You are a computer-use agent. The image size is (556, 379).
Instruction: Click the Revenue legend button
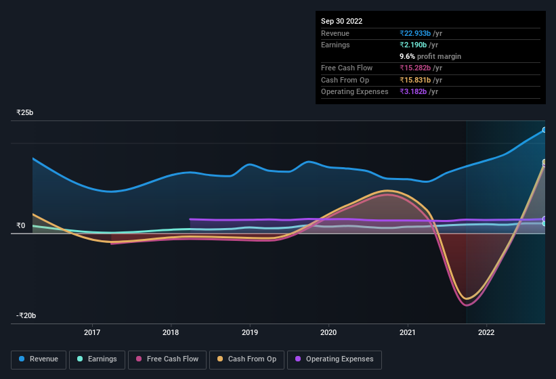[39, 359]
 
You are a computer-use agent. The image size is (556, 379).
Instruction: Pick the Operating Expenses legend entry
[334, 359]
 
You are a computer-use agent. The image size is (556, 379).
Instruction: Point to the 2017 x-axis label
[92, 332]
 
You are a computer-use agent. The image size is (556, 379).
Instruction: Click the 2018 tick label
[171, 332]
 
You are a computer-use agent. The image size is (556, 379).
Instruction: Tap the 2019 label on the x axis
[250, 332]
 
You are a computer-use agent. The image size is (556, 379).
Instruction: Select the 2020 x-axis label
[328, 332]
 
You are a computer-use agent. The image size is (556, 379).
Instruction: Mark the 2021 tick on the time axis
[407, 332]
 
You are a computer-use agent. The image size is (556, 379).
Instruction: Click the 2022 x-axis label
[486, 332]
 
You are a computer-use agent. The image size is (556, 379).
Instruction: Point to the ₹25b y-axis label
[25, 112]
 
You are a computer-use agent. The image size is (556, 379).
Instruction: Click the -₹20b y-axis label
[26, 316]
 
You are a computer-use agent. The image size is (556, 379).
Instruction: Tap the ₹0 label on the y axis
[21, 226]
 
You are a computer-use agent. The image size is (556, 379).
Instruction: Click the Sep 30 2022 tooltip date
[342, 21]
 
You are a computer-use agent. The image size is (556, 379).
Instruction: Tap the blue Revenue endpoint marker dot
[544, 130]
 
